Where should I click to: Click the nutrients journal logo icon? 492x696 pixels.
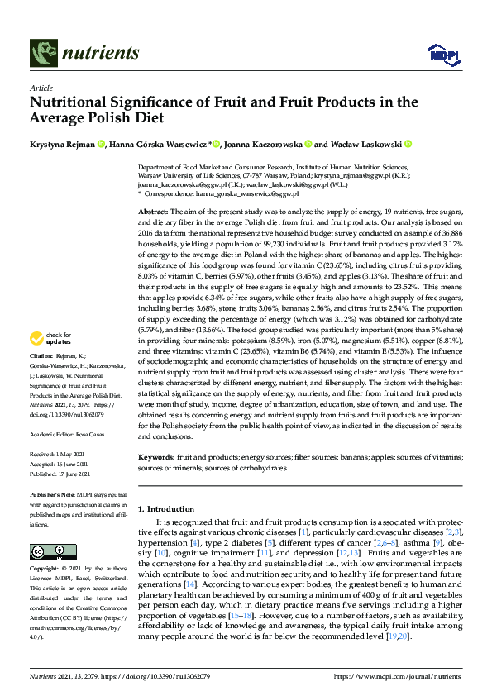44,54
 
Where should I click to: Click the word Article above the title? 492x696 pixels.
41,88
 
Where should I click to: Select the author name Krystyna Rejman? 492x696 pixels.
61,144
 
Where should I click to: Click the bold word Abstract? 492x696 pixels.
155,213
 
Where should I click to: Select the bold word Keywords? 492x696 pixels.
156,456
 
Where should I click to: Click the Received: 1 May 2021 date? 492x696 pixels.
59,455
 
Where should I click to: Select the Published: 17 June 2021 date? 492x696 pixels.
62,473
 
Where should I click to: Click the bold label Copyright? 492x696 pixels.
46,570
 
